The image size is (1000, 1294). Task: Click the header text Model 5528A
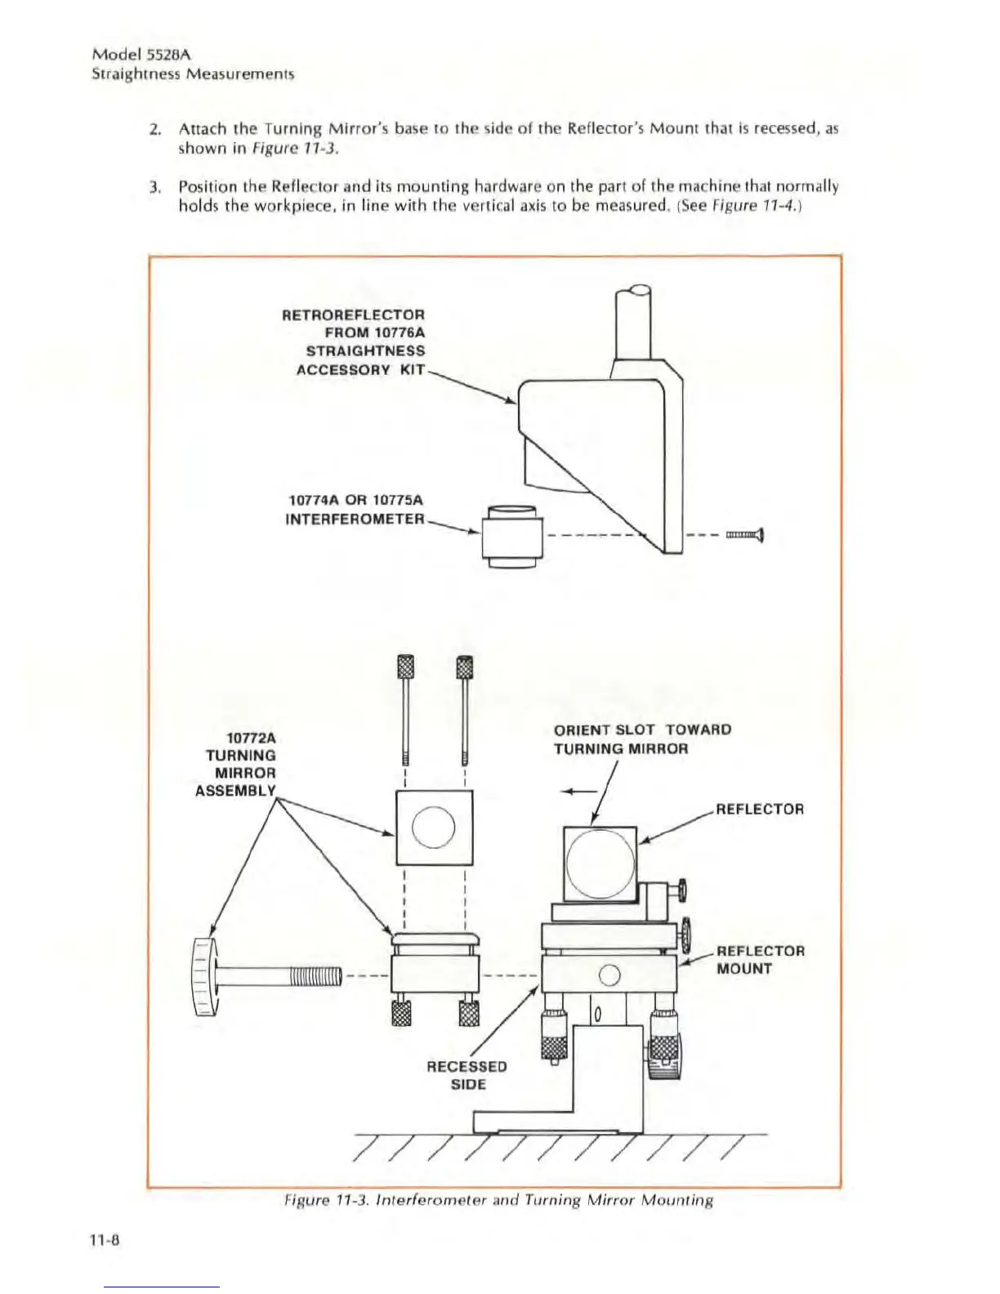point(141,55)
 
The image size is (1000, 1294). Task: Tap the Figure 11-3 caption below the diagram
point(498,1200)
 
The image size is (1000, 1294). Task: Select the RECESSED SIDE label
point(467,1075)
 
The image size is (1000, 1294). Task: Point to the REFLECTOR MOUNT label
point(760,960)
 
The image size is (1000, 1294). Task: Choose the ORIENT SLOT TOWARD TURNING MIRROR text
point(642,739)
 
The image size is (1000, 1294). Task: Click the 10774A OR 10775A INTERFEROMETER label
point(356,509)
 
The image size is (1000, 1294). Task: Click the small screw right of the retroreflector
point(745,536)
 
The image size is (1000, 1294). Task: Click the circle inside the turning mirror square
point(434,827)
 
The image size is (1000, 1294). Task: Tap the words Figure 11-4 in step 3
point(748,206)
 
